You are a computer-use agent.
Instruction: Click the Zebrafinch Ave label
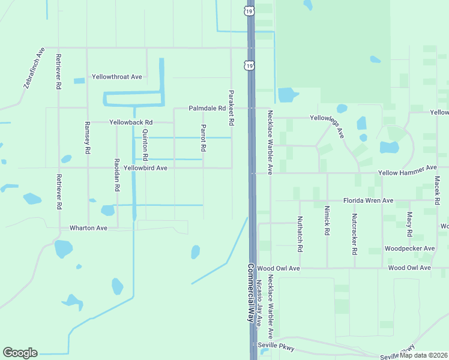(35, 68)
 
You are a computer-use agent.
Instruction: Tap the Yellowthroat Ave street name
(116, 77)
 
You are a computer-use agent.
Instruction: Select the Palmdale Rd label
(206, 109)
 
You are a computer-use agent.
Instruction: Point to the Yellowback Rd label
(131, 122)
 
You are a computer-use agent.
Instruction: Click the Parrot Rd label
(203, 137)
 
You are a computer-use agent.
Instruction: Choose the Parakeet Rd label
(231, 107)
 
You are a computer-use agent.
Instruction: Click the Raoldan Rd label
(117, 174)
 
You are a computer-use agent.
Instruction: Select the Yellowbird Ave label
(145, 168)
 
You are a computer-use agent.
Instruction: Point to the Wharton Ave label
(88, 228)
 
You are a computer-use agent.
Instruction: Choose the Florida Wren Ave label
(368, 200)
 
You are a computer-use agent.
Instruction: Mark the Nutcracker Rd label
(355, 232)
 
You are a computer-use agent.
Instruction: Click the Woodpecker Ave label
(409, 248)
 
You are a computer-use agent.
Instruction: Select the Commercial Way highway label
(251, 294)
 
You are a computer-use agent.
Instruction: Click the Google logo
(20, 353)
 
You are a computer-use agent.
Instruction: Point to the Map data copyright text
(423, 355)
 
